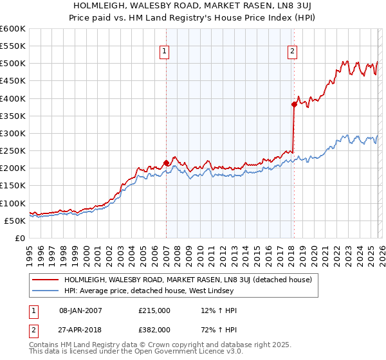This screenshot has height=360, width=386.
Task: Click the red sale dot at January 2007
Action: tap(166, 163)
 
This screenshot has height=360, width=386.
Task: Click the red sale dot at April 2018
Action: tap(294, 104)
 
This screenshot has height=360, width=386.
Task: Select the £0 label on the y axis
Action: tap(19, 238)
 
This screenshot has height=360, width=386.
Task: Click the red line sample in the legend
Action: tap(46, 280)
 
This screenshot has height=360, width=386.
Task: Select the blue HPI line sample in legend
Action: tap(46, 291)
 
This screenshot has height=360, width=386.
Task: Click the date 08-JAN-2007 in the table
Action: tap(80, 310)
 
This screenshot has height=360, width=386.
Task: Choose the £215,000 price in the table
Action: tap(154, 310)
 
